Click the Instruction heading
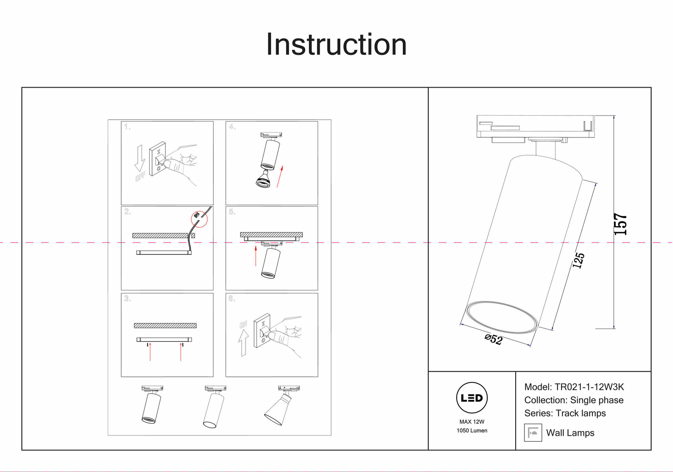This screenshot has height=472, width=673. (x=336, y=44)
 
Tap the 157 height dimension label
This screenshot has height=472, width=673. (x=620, y=224)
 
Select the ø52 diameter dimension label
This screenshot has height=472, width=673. (x=494, y=339)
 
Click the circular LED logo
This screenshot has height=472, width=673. (x=472, y=398)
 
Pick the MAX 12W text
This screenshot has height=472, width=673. (x=472, y=422)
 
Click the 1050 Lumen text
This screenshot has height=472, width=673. (x=472, y=431)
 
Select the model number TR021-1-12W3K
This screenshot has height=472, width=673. (x=589, y=387)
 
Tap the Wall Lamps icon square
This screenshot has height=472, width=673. (x=533, y=433)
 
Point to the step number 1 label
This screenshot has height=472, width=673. (x=127, y=127)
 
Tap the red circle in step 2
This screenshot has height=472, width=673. (x=199, y=219)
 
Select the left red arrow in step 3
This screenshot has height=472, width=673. (x=150, y=352)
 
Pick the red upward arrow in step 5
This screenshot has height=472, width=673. (x=256, y=256)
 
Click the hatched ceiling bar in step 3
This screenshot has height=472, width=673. (x=165, y=326)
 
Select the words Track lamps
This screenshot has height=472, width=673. (x=581, y=413)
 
